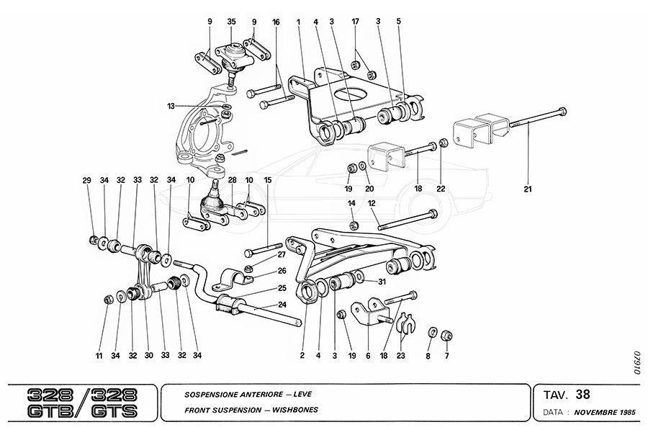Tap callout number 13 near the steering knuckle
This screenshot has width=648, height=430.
point(171,106)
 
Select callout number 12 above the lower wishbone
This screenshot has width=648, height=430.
point(372,204)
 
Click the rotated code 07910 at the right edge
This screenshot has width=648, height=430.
point(636,364)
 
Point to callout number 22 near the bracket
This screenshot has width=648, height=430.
point(441,189)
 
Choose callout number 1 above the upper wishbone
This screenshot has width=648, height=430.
point(297,22)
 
